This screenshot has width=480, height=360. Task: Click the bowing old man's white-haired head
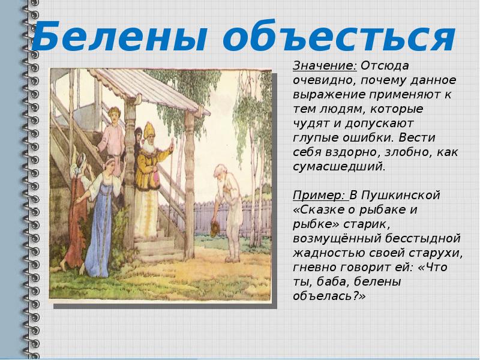[220, 171]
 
